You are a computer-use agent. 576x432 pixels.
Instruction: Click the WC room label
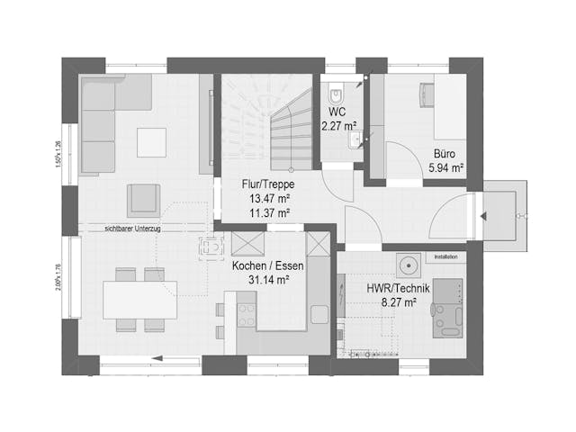click(x=337, y=112)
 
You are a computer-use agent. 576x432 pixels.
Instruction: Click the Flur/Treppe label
click(x=267, y=184)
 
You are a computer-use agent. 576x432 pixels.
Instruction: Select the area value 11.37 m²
click(x=267, y=213)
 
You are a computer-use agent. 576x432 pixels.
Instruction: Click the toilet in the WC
click(x=336, y=93)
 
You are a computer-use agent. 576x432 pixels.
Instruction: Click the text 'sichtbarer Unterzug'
click(x=134, y=229)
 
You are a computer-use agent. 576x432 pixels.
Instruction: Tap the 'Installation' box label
click(x=446, y=256)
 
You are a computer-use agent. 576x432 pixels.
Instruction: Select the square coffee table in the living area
click(x=151, y=141)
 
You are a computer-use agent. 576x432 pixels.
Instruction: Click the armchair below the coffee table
click(x=142, y=199)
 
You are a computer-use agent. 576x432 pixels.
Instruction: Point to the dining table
click(x=139, y=300)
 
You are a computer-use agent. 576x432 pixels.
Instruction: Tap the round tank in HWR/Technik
click(x=410, y=266)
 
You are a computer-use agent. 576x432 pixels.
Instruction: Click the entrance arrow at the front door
click(x=482, y=216)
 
